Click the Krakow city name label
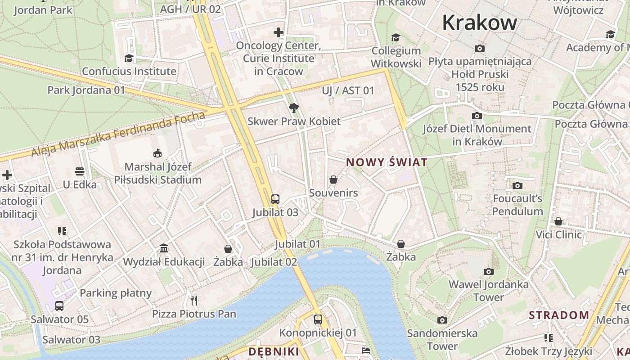click(480, 22)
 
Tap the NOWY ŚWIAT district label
click(387, 162)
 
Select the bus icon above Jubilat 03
click(275, 199)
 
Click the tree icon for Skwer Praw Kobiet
click(294, 108)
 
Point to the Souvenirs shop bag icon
click(333, 180)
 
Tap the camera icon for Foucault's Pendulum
click(517, 185)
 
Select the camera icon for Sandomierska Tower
click(442, 320)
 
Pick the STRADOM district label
click(559, 315)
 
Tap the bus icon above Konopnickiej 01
click(318, 319)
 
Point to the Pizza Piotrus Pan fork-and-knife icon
click(194, 300)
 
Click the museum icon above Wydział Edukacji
click(164, 248)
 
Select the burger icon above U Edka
click(80, 171)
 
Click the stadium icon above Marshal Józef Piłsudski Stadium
click(157, 153)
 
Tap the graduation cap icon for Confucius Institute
click(129, 58)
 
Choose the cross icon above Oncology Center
click(279, 32)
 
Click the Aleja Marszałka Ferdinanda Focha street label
click(118, 135)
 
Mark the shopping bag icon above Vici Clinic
click(558, 221)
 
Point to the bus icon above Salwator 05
click(59, 306)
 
